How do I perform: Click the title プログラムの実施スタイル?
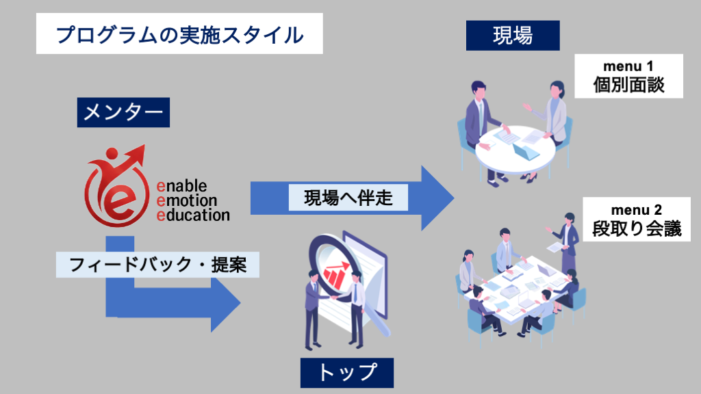click(x=179, y=34)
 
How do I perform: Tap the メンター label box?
click(x=123, y=113)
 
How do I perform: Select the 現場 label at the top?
click(x=513, y=35)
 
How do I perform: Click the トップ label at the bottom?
click(x=347, y=373)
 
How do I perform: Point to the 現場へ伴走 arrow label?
click(x=348, y=198)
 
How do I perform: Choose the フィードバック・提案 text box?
click(x=157, y=263)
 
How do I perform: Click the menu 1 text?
click(x=628, y=66)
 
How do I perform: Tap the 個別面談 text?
click(x=628, y=85)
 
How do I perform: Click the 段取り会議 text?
click(x=637, y=228)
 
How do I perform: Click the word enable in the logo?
click(x=181, y=186)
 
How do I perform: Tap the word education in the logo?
click(x=193, y=215)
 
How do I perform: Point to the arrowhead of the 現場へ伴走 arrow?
click(x=438, y=198)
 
